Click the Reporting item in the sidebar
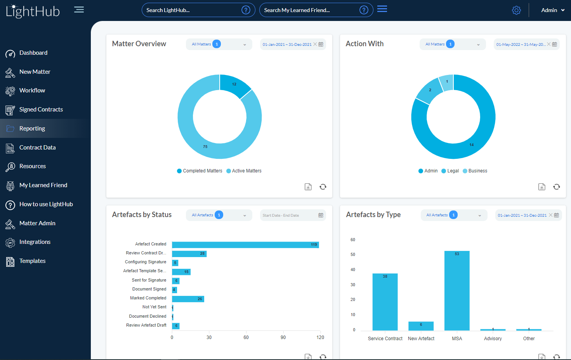click(32, 129)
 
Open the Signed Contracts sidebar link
click(41, 110)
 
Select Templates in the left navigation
click(32, 261)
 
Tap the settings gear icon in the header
click(516, 10)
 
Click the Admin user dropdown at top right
click(552, 10)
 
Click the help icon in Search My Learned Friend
click(364, 10)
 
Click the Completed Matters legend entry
click(202, 171)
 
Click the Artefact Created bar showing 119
click(245, 245)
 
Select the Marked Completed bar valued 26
click(188, 299)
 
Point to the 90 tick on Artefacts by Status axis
click(283, 337)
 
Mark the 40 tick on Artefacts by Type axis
click(353, 270)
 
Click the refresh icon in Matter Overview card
click(323, 187)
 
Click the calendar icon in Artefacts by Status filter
click(321, 215)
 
